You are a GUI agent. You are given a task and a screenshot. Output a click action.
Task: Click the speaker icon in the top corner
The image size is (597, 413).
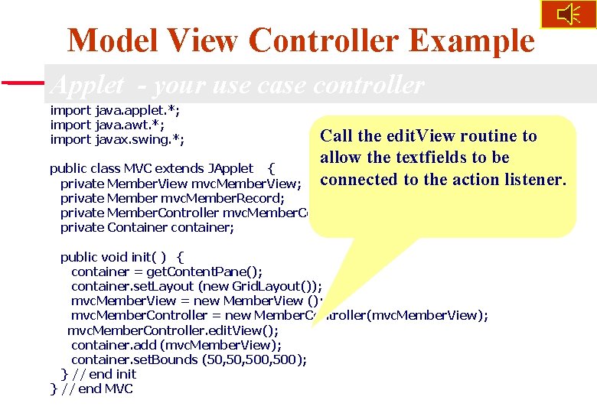pyautogui.click(x=568, y=15)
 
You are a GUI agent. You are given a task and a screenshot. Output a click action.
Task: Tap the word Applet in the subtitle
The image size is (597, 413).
pyautogui.click(x=86, y=85)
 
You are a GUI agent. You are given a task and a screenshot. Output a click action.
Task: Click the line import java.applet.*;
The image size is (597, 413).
pyautogui.click(x=115, y=110)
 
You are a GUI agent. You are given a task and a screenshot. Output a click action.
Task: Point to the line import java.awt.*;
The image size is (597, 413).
pyautogui.click(x=107, y=125)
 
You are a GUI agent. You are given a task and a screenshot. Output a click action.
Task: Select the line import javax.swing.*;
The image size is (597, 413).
pyautogui.click(x=117, y=139)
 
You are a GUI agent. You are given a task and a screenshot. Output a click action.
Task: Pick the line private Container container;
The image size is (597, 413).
pyautogui.click(x=147, y=227)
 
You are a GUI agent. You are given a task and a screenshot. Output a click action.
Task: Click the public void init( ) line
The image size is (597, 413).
pyautogui.click(x=122, y=257)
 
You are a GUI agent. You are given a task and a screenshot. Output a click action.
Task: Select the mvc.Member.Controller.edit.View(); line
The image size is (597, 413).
pyautogui.click(x=173, y=330)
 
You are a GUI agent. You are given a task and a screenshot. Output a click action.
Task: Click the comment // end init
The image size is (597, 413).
pyautogui.click(x=107, y=374)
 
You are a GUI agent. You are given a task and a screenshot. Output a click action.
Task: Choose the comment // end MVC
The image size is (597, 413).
pyautogui.click(x=99, y=389)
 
